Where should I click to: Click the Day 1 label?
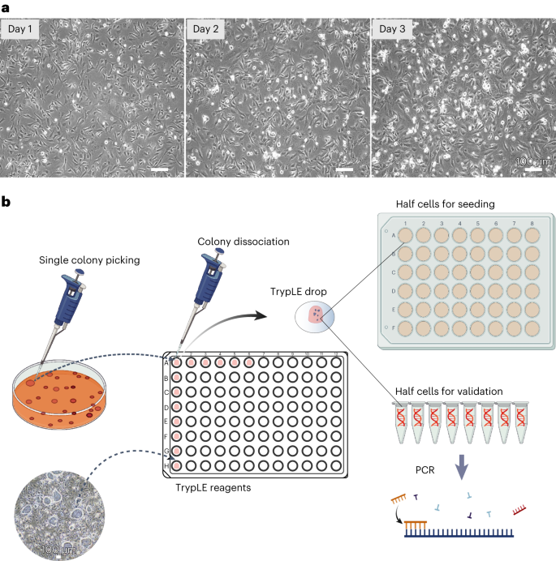22,30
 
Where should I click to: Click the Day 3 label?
394,30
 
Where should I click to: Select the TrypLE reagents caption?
213,488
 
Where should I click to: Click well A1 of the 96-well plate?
176,362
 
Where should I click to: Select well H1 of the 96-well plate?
176,465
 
